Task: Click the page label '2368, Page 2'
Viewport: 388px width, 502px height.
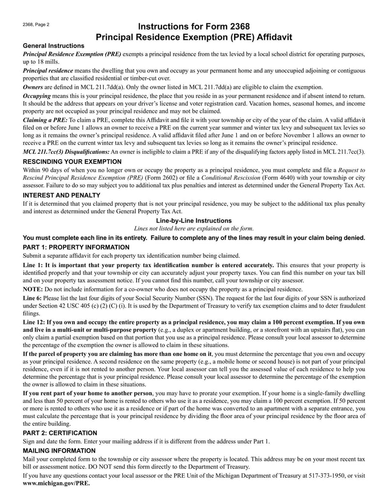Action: point(36,24)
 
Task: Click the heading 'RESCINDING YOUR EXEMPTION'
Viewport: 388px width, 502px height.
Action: point(72,161)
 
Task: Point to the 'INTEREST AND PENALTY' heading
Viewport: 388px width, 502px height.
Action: point(62,195)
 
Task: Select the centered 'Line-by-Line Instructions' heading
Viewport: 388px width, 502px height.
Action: point(194,220)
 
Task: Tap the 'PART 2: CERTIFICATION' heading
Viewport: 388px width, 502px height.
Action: point(60,433)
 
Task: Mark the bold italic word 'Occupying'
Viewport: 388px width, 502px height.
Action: point(37,96)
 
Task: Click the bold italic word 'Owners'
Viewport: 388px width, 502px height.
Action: point(33,87)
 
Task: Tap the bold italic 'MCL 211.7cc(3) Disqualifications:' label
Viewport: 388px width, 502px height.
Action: point(66,152)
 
